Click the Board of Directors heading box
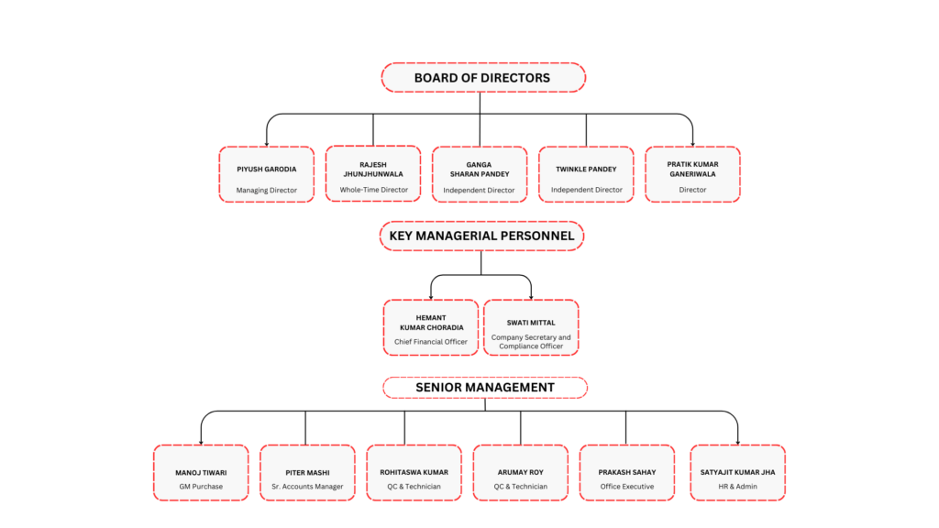[483, 78]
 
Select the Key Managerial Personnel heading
[481, 236]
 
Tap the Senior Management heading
[485, 388]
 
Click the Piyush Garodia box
[267, 174]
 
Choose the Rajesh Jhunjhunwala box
[373, 173]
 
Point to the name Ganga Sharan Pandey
[479, 170]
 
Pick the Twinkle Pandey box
[586, 174]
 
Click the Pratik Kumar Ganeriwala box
[693, 174]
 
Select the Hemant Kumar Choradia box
[431, 327]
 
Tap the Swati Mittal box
[531, 327]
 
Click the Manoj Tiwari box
[201, 472]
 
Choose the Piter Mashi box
[308, 472]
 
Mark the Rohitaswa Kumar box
[414, 472]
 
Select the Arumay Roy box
[521, 472]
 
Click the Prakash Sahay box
[627, 472]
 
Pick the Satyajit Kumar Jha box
[738, 472]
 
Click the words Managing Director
[267, 191]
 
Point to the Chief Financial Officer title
[431, 342]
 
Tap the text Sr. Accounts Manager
[307, 487]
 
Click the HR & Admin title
[738, 487]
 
